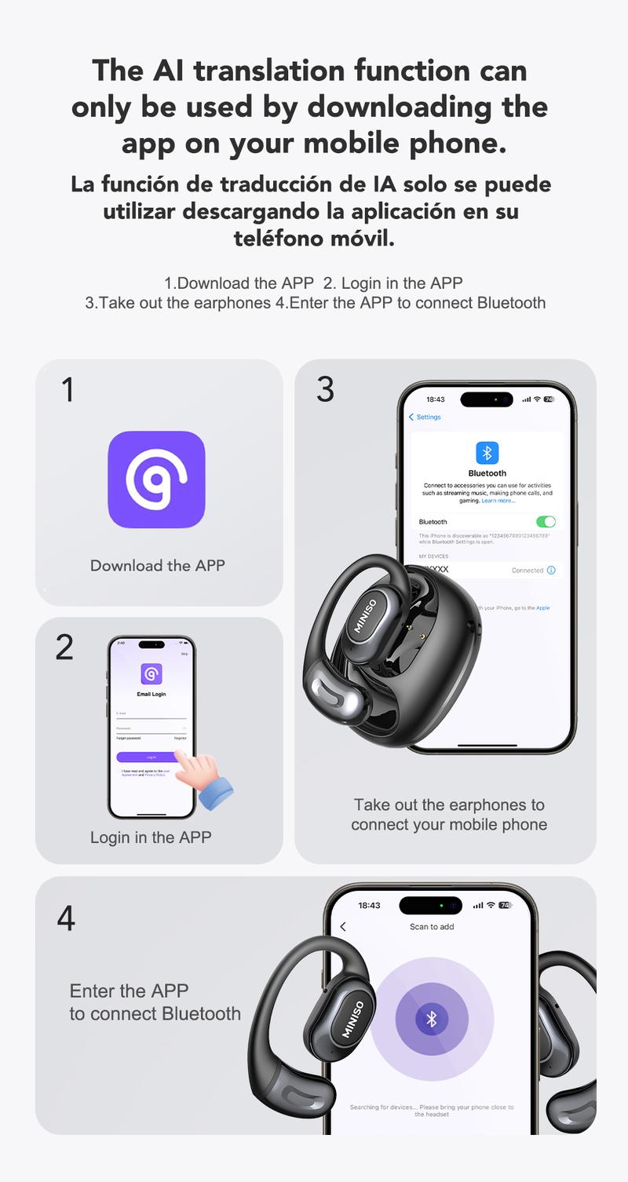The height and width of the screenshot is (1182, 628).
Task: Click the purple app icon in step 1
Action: click(x=156, y=479)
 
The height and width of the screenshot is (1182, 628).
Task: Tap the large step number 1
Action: click(x=68, y=390)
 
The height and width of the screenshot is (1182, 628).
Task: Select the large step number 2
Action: click(x=65, y=647)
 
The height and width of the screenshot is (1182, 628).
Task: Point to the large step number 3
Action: click(x=325, y=389)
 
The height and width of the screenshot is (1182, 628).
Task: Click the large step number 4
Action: click(x=66, y=918)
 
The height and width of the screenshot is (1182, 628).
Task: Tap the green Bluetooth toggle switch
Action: click(x=545, y=521)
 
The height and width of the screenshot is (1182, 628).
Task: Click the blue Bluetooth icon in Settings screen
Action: click(x=487, y=453)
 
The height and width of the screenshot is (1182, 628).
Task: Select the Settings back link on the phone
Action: click(x=425, y=417)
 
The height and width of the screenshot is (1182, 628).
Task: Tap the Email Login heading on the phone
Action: click(x=152, y=694)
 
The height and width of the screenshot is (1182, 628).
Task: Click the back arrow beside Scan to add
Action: click(x=343, y=927)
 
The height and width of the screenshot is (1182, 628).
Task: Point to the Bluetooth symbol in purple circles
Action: click(x=431, y=1019)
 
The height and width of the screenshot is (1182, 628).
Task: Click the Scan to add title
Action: click(x=432, y=927)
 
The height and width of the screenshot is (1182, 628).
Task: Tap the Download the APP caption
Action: click(x=157, y=565)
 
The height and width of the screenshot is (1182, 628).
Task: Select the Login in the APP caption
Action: click(x=151, y=837)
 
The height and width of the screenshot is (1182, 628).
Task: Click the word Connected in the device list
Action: click(x=527, y=571)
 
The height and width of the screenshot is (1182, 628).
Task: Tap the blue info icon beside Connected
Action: click(x=551, y=571)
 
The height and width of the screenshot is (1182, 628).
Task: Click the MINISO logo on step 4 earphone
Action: click(x=353, y=1019)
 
